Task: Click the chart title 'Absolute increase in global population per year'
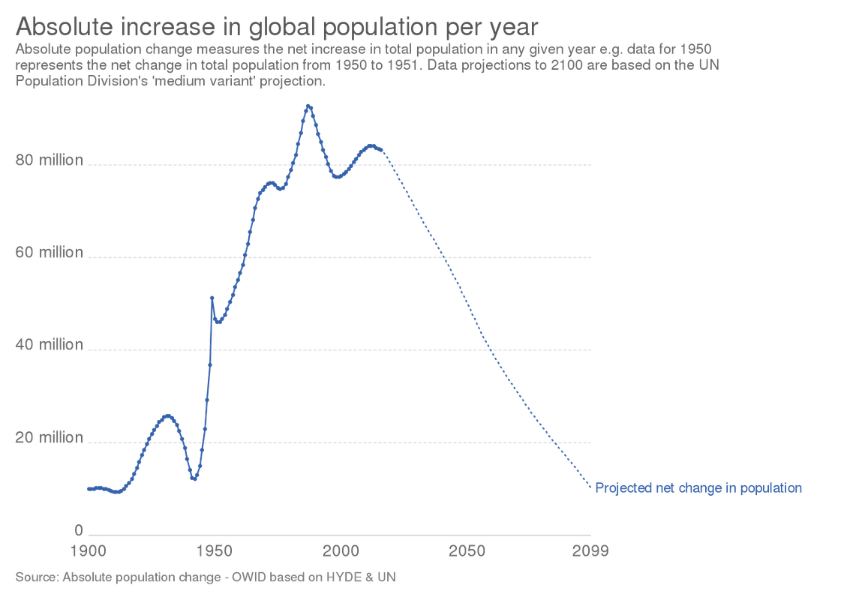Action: tap(276, 28)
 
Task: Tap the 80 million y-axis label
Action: tap(50, 160)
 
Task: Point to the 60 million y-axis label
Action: tap(50, 253)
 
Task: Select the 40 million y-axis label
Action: tap(50, 345)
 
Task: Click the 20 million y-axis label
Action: tap(50, 437)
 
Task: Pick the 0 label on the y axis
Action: tap(78, 530)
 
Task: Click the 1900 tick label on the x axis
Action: tap(89, 551)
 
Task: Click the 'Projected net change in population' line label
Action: tap(698, 488)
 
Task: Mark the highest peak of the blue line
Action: tap(308, 106)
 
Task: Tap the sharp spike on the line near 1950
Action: tap(212, 297)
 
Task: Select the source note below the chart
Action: tap(205, 577)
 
